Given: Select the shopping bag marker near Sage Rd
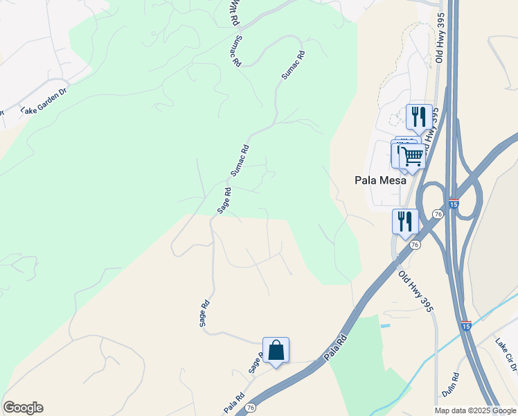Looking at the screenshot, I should [276, 350].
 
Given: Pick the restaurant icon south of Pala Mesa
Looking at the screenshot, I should [405, 221].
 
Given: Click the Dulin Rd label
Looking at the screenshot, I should [451, 383].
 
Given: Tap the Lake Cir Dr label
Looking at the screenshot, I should [505, 352].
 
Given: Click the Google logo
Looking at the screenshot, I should [23, 408].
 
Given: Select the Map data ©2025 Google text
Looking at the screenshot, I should [475, 410].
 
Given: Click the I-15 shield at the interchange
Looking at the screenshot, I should [453, 205].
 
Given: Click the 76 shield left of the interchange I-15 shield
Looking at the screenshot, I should [438, 215].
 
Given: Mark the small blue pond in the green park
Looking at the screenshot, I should [385, 326].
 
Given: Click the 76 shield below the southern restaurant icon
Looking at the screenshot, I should [414, 245].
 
